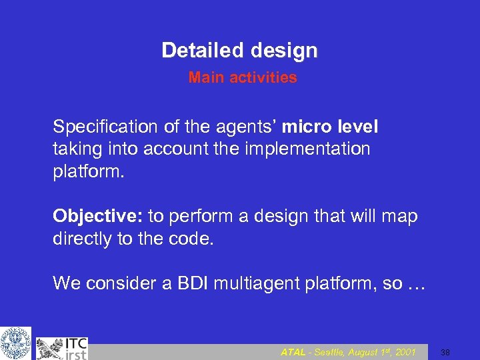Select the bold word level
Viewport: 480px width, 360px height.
point(357,127)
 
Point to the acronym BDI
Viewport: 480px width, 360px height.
point(191,283)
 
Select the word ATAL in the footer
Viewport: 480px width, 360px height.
point(293,352)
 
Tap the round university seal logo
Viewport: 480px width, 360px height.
point(15,343)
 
